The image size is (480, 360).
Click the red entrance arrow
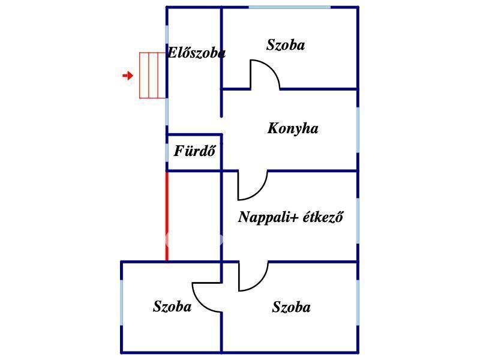point(127,76)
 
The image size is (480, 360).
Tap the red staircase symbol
point(152,75)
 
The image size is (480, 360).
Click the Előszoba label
point(196,53)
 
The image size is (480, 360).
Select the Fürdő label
point(194,151)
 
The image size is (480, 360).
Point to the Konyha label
point(293,128)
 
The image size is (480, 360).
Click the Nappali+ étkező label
point(290,217)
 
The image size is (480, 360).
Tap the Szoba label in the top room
point(286,45)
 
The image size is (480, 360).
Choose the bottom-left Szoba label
point(172,307)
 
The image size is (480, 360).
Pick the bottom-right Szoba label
point(291,308)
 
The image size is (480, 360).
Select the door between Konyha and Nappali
point(253,185)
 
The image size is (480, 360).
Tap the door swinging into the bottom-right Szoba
point(253,277)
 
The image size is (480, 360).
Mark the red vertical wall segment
point(167,216)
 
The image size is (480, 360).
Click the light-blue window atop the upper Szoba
point(289,7)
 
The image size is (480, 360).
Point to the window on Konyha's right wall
point(358,129)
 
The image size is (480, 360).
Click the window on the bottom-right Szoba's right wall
point(358,307)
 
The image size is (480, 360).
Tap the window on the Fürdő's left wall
point(167,152)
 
